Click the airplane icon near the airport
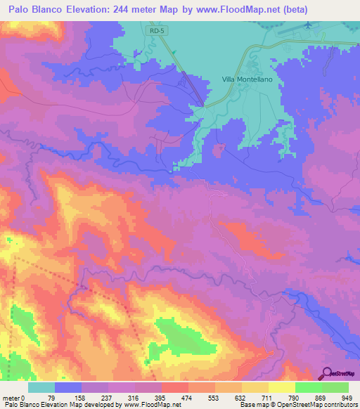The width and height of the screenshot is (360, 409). pyautogui.click(x=308, y=25)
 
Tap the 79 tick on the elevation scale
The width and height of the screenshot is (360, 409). pyautogui.click(x=55, y=398)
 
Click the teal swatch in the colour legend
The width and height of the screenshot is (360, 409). pyautogui.click(x=41, y=387)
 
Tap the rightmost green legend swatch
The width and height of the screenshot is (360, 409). pyautogui.click(x=335, y=387)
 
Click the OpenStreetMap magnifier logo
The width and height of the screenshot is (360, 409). pyautogui.click(x=326, y=374)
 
